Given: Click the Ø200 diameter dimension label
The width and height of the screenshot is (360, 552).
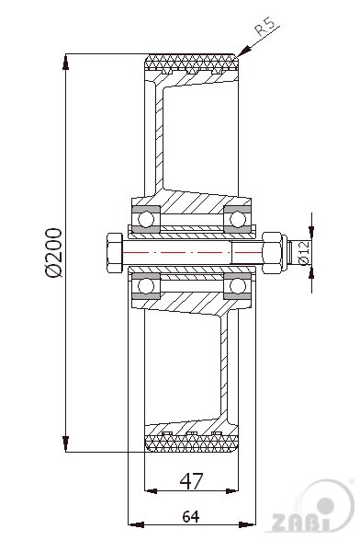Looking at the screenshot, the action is [54, 253].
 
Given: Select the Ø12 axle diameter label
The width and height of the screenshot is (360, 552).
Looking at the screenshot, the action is [304, 253].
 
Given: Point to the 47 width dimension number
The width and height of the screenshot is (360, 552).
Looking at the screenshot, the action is [191, 481].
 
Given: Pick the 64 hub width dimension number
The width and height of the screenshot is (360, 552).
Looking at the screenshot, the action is [191, 516].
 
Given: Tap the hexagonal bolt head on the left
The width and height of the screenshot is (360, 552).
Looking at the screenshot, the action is [114, 252].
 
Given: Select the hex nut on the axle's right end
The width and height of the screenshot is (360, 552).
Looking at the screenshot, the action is [272, 252].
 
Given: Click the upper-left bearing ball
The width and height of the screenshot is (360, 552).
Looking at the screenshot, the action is [145, 220].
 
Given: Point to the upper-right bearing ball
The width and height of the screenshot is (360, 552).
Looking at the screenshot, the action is [238, 220].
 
